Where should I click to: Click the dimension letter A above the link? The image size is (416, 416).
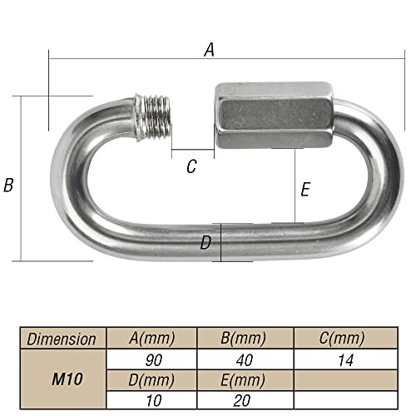pos(209,50)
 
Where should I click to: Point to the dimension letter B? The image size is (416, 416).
pos(9,186)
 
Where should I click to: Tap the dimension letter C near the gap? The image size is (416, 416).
pos(191,167)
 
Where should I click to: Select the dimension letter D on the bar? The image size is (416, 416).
pos(206,243)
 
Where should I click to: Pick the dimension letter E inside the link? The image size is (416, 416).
pos(305,190)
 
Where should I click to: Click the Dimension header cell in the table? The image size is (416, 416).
pos(62,339)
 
